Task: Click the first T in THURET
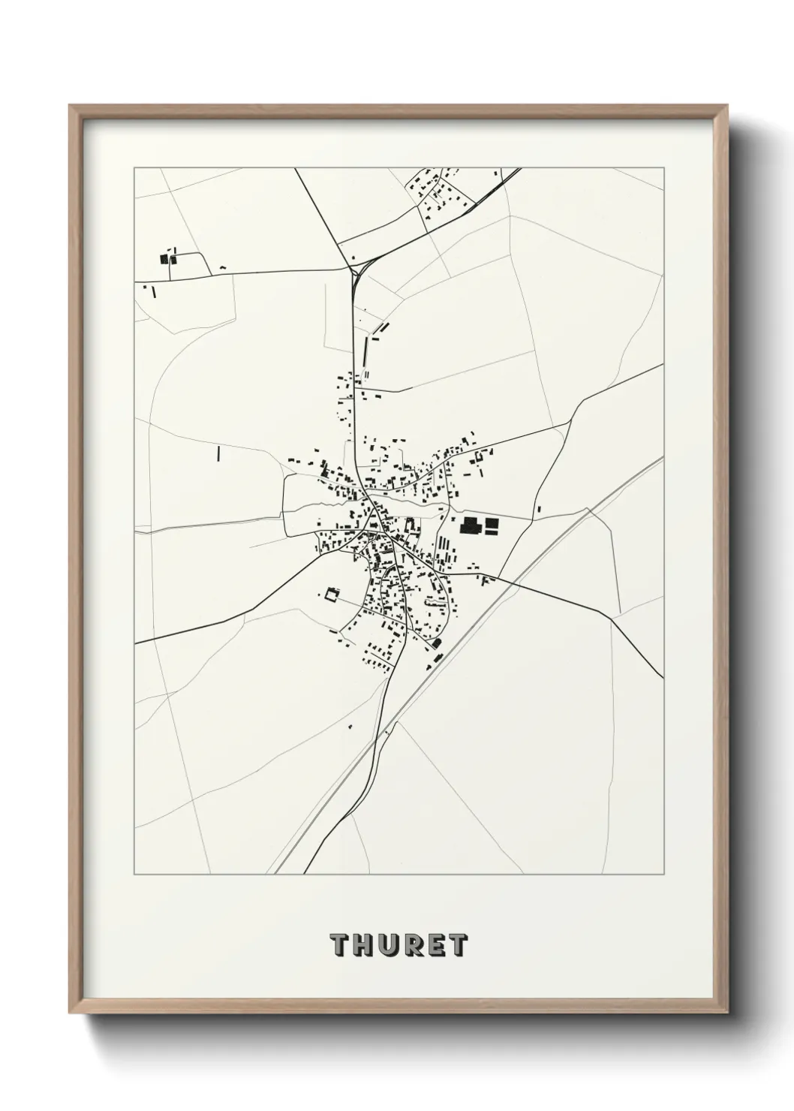(x=338, y=946)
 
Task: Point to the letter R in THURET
(x=412, y=946)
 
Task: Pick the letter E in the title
(x=436, y=946)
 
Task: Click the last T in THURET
(x=459, y=946)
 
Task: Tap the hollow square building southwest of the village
(x=329, y=595)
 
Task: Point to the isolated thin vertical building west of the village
(x=218, y=453)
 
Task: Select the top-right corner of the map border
(x=663, y=167)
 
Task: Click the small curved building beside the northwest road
(x=222, y=267)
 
